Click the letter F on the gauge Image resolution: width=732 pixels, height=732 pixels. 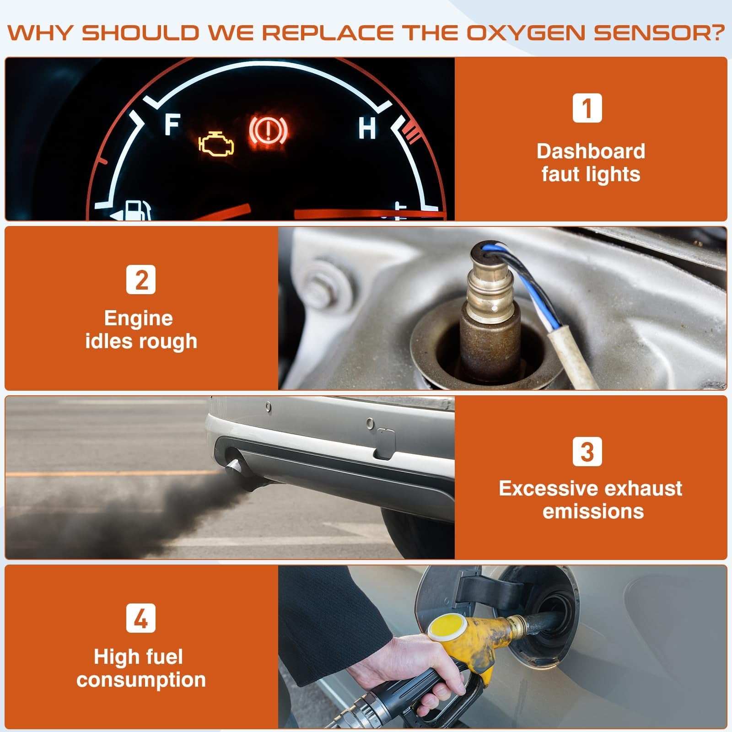172,125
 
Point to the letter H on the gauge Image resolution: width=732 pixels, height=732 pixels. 367,128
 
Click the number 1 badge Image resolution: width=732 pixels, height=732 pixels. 587,108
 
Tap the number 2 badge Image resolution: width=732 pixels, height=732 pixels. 141,280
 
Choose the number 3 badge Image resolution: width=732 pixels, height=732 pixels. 587,452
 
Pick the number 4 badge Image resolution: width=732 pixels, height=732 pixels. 141,618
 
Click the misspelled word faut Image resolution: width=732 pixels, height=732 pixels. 560,174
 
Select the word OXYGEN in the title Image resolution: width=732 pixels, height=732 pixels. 526,33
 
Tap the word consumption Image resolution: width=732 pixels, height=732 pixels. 141,680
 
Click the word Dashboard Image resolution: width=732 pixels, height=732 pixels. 591,151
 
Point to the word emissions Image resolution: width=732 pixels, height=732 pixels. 593,511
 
